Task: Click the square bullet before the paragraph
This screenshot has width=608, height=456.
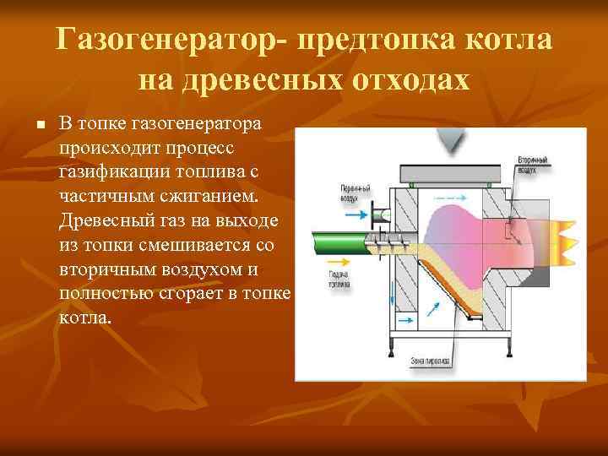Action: [x=40, y=125]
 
